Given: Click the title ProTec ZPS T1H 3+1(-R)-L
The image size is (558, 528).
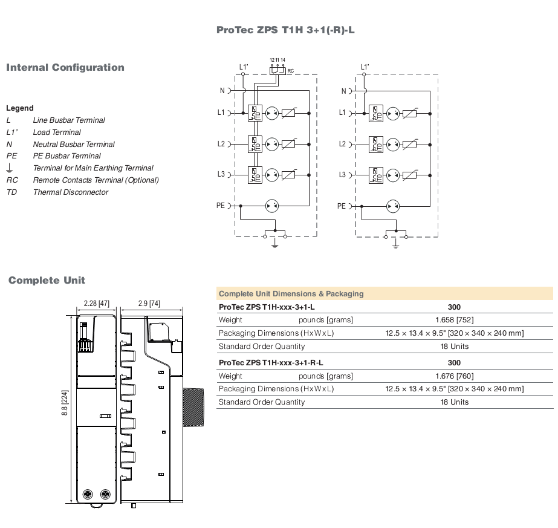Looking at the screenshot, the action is pyautogui.click(x=285, y=30).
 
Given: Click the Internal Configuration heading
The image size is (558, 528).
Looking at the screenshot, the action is pyautogui.click(x=65, y=67).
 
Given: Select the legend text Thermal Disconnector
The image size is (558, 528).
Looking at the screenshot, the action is pyautogui.click(x=71, y=192).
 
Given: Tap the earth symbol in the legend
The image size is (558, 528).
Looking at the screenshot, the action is pyautogui.click(x=10, y=168).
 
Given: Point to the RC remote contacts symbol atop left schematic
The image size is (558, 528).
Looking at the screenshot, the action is pyautogui.click(x=277, y=70).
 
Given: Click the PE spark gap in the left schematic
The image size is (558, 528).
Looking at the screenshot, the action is pyautogui.click(x=272, y=206).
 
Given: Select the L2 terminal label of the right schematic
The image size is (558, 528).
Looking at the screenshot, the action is pyautogui.click(x=342, y=144).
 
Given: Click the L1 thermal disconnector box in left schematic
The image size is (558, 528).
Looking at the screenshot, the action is pyautogui.click(x=255, y=113).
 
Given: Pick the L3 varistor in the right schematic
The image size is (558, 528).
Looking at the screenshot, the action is pyautogui.click(x=410, y=175).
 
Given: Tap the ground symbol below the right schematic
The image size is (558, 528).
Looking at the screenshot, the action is pyautogui.click(x=395, y=244).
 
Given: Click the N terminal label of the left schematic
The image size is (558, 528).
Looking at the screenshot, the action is pyautogui.click(x=222, y=91).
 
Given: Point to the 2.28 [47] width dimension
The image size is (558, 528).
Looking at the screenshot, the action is pyautogui.click(x=97, y=304).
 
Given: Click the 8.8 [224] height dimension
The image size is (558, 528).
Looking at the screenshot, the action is pyautogui.click(x=65, y=403).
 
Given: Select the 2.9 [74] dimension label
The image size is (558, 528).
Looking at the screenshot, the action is pyautogui.click(x=149, y=304).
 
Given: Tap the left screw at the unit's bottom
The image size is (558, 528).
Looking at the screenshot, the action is pyautogui.click(x=87, y=494).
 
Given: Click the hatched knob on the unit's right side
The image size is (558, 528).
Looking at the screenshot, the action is pyautogui.click(x=193, y=407).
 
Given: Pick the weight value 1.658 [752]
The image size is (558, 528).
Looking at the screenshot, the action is pyautogui.click(x=455, y=320).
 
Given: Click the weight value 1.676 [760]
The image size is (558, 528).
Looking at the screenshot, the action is pyautogui.click(x=455, y=376).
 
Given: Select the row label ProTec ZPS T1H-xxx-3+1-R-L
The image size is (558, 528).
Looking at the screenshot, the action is pyautogui.click(x=271, y=363).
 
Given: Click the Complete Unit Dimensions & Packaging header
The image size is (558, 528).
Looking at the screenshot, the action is pyautogui.click(x=291, y=294).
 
